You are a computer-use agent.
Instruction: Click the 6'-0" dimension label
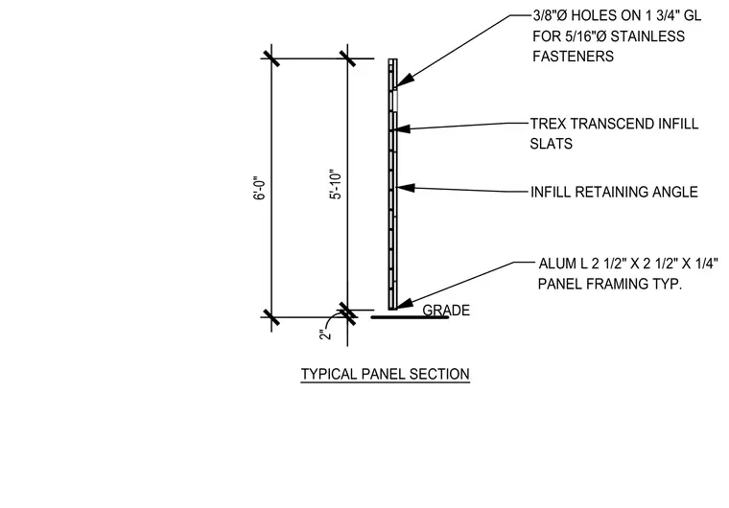click(x=260, y=188)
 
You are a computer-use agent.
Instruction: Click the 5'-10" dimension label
click(x=336, y=184)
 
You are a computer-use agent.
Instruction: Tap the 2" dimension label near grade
click(x=325, y=335)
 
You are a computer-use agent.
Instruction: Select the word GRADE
click(x=446, y=310)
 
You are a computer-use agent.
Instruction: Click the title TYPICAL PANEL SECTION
click(x=385, y=374)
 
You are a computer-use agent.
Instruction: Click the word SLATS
click(x=551, y=144)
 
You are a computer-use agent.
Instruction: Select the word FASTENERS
click(x=573, y=57)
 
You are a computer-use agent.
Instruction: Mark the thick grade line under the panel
click(x=410, y=317)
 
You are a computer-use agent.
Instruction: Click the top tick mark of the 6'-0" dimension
click(x=271, y=58)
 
